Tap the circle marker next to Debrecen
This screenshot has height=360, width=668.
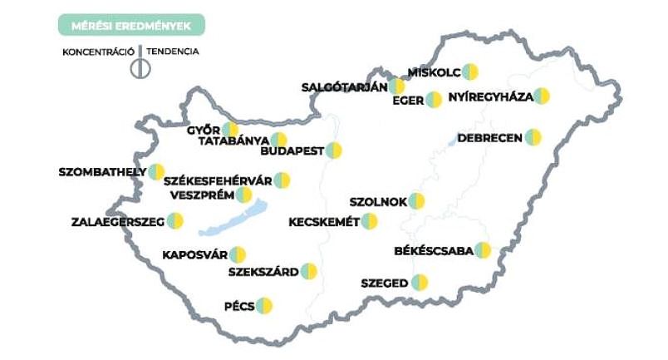pos(533,137)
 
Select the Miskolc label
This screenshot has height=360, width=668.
pos(433,72)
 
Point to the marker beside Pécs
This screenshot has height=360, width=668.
pos(264,305)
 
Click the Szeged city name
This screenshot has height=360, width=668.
pos(384,284)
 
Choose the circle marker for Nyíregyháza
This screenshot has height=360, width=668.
pos(542,96)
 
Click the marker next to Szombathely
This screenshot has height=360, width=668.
pos(156,172)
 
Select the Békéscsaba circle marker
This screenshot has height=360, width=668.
pos(483,250)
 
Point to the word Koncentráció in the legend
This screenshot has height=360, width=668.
pos(98,51)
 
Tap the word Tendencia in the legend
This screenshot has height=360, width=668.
pos(174,51)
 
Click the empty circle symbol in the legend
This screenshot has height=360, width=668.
pos(140,69)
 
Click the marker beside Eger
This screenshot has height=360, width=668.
pos(434,100)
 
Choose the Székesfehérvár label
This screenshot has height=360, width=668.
pos(218,180)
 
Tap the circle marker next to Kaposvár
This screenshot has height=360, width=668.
pos(238,254)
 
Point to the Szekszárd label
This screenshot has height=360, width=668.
pos(262,271)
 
